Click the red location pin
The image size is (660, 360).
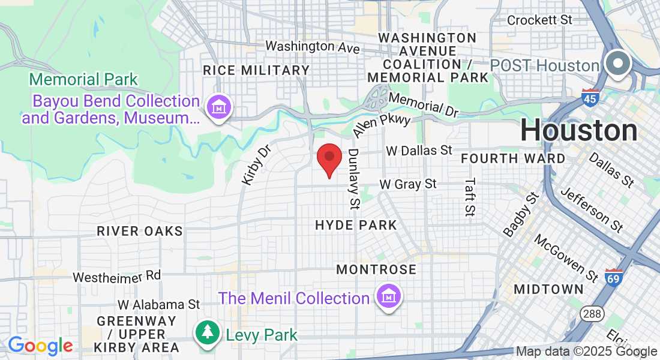tap(329, 158)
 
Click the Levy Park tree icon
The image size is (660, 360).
tap(208, 332)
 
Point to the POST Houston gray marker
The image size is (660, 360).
tap(616, 64)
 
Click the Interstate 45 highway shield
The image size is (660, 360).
tap(590, 98)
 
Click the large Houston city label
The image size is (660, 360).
tap(578, 130)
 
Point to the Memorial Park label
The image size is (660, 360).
tap(83, 79)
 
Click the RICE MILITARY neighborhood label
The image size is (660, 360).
tap(256, 70)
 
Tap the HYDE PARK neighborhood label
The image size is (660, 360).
tap(356, 226)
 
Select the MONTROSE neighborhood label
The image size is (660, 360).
tap(376, 269)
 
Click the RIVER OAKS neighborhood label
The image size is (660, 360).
tap(140, 231)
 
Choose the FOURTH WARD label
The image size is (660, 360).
tap(512, 158)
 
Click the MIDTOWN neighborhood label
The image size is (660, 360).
tap(548, 289)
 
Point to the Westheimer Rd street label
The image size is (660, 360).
tap(117, 277)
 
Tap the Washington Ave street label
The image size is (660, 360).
tap(312, 46)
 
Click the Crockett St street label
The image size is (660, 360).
tap(540, 20)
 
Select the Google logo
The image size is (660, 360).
tap(40, 346)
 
